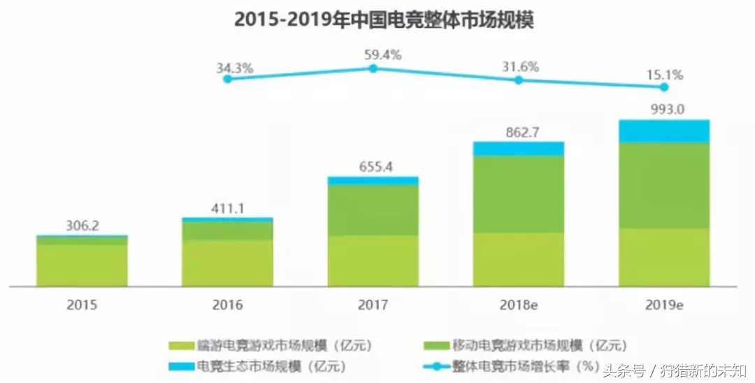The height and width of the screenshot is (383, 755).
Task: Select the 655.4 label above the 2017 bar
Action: click(373, 167)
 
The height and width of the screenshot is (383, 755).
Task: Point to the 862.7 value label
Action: click(518, 131)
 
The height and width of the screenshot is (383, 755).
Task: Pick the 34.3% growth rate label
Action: click(235, 68)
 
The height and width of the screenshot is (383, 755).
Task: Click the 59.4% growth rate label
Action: click(382, 55)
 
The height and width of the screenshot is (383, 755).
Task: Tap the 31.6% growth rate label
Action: click(520, 66)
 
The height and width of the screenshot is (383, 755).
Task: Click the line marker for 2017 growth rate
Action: click(373, 68)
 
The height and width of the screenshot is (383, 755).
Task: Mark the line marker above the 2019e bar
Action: click(664, 87)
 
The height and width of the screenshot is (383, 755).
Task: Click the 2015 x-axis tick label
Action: click(82, 305)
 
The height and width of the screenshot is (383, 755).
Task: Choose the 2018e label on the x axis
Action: click(518, 305)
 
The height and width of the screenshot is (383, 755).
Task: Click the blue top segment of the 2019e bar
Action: click(664, 131)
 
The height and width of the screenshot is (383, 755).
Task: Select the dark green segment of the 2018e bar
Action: click(518, 194)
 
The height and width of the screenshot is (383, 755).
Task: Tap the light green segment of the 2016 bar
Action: click(227, 263)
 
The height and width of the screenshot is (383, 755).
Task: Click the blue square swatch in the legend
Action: click(180, 366)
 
